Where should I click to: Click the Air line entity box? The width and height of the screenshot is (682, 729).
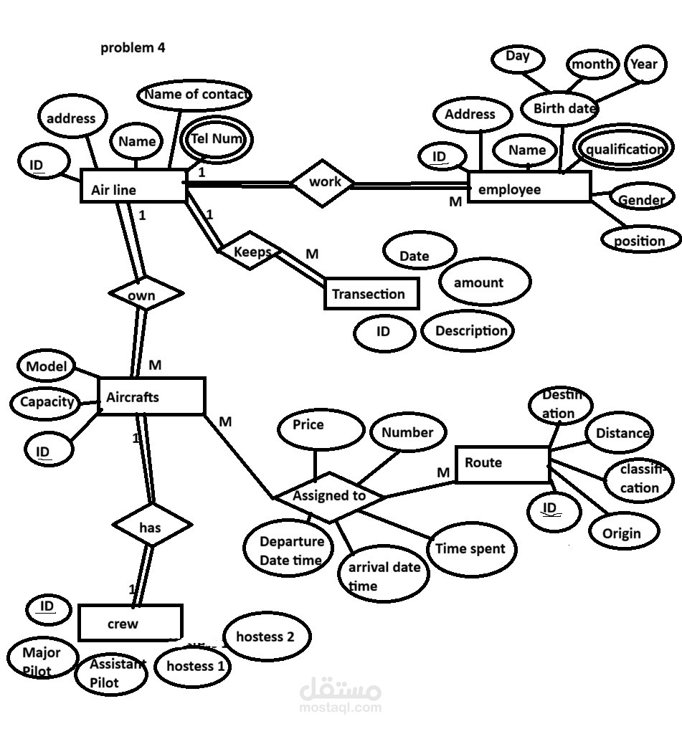(x=133, y=186)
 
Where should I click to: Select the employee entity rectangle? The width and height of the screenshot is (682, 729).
(x=529, y=187)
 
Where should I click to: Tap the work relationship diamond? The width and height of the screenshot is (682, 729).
(x=323, y=183)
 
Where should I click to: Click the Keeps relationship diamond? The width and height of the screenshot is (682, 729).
(x=250, y=250)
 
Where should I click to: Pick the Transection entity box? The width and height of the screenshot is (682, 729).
(x=371, y=293)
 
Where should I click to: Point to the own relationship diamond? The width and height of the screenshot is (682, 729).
(x=146, y=293)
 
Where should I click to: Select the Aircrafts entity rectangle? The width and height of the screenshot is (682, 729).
(x=151, y=396)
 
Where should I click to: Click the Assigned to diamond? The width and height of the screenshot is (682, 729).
(x=329, y=497)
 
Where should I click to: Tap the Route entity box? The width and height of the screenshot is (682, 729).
(x=502, y=464)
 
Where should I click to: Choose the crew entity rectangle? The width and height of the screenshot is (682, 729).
(x=131, y=622)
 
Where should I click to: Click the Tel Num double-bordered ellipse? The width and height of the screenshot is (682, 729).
(x=217, y=140)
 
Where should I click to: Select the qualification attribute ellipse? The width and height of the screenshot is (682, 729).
(x=624, y=148)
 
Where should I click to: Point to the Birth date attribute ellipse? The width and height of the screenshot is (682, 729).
(x=560, y=108)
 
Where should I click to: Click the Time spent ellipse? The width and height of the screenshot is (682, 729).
(x=471, y=549)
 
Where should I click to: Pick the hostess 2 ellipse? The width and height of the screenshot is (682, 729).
(x=267, y=637)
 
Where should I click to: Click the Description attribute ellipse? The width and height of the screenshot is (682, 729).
(x=468, y=331)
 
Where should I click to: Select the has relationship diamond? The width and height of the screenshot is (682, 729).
(x=152, y=525)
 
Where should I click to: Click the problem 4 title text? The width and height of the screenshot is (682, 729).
(x=133, y=48)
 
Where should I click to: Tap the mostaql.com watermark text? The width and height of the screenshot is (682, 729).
(x=341, y=707)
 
